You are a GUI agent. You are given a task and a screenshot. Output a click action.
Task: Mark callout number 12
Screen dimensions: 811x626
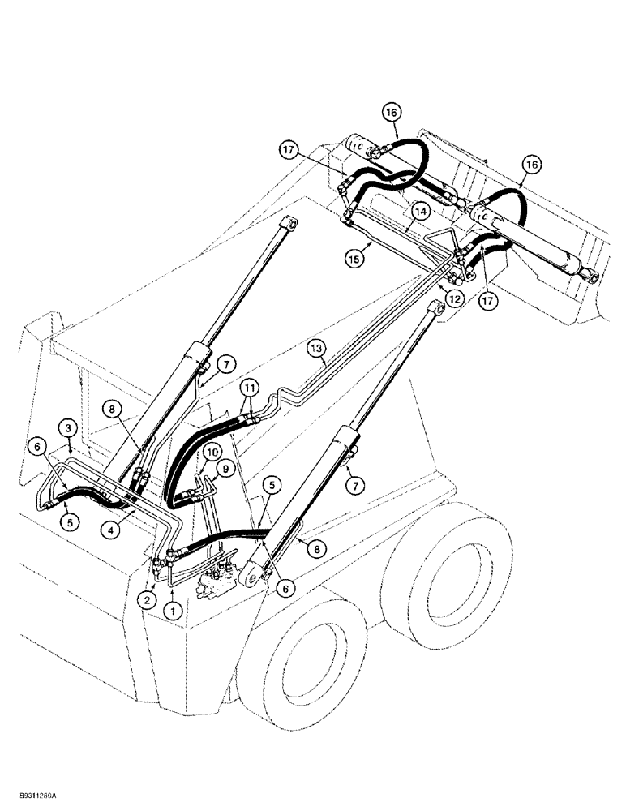click(453, 298)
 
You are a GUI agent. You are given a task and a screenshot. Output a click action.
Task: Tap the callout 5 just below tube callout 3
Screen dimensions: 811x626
click(71, 521)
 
